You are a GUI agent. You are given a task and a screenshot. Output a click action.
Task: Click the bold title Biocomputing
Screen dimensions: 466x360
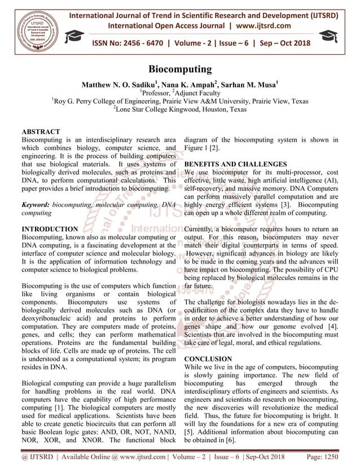click(x=180, y=70)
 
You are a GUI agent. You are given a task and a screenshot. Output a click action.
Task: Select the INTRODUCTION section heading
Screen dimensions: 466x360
click(x=50, y=230)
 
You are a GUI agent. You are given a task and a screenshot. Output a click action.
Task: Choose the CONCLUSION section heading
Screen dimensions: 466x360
click(x=208, y=359)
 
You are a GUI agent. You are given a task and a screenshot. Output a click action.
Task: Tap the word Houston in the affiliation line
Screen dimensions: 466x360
click(x=208, y=110)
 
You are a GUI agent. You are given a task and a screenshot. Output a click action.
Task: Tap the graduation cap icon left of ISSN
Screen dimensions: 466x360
click(x=74, y=38)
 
